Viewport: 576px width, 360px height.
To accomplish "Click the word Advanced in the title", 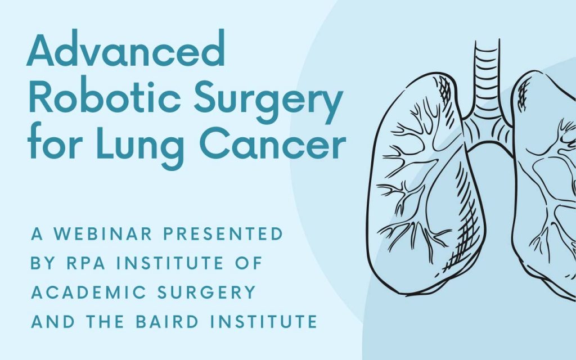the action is pyautogui.click(x=125, y=48).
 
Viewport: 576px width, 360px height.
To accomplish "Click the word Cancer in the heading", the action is pyautogui.click(x=273, y=142).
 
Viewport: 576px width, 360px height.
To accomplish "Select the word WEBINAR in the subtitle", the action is pyautogui.click(x=103, y=234).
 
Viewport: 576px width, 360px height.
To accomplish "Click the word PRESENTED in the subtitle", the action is pyautogui.click(x=223, y=234).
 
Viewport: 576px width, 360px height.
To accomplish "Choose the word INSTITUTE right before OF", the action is pyautogui.click(x=170, y=263).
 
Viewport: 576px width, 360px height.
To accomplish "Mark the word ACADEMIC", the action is pyautogui.click(x=89, y=292).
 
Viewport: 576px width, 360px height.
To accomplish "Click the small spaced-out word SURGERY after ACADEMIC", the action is pyautogui.click(x=206, y=292).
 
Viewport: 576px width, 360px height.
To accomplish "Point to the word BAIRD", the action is pyautogui.click(x=167, y=321).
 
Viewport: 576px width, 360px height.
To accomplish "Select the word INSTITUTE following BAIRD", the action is pyautogui.click(x=263, y=321).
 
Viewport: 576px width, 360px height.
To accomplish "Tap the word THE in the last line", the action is pyautogui.click(x=105, y=321).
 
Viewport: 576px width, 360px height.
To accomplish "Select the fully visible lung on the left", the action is pyautogui.click(x=426, y=184).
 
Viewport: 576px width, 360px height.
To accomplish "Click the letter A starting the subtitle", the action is pyautogui.click(x=37, y=234).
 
